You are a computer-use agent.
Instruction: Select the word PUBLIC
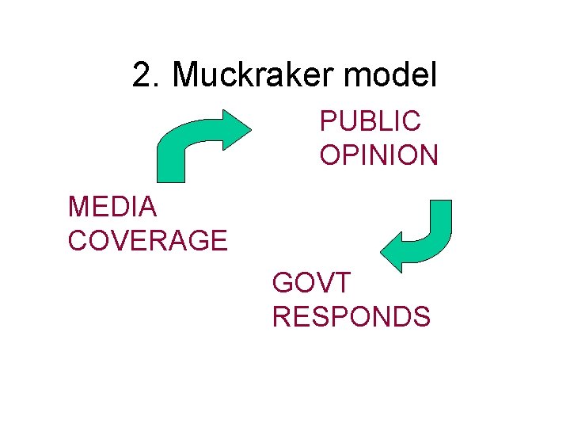[370, 122]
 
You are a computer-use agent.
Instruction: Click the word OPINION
[378, 155]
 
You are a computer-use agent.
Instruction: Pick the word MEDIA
[112, 208]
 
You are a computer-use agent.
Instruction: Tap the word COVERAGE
[148, 240]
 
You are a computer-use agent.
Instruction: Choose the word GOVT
[310, 283]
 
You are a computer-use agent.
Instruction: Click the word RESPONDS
[351, 316]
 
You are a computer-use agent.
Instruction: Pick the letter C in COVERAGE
[78, 240]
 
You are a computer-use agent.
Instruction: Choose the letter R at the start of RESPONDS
[282, 316]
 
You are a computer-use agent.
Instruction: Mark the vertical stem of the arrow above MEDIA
[171, 162]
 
